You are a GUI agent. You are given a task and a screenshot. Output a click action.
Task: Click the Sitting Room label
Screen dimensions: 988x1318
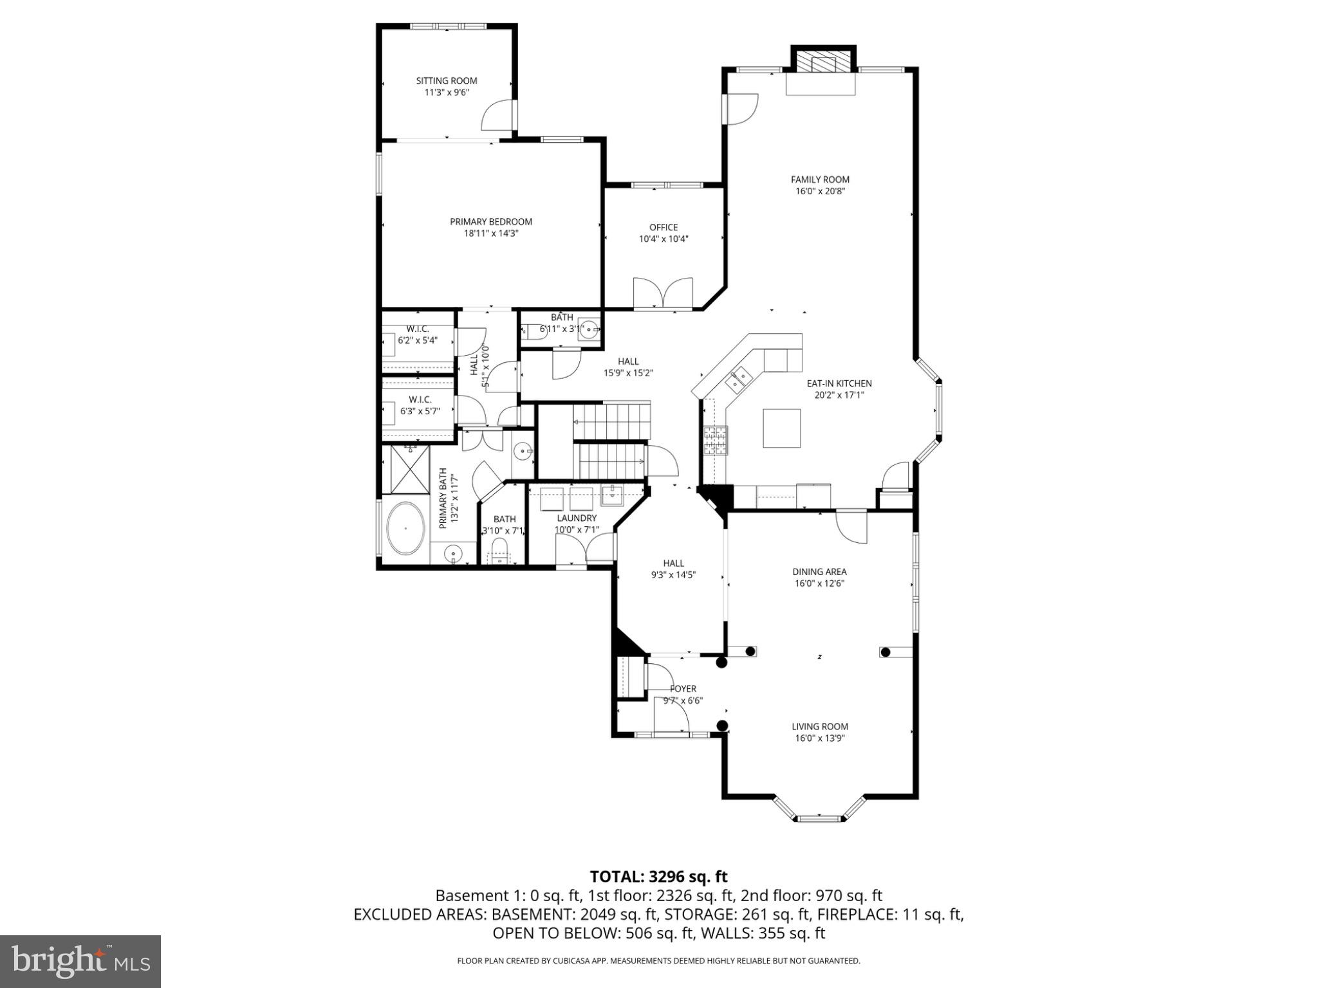(447, 81)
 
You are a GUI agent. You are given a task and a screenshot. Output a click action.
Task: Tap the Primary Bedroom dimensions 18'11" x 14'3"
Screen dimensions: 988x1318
(491, 233)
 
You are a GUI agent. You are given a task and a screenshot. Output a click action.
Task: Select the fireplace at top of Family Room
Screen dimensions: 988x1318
(823, 62)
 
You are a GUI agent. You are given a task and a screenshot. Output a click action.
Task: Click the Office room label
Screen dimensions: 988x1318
(664, 227)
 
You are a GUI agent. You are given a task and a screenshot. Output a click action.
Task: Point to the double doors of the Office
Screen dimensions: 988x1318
(663, 293)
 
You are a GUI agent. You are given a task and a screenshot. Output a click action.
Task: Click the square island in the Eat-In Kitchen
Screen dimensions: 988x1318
(782, 428)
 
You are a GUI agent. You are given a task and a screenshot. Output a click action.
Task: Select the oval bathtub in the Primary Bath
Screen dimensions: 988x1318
(405, 528)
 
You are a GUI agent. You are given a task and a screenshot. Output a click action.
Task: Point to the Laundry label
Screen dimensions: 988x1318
(577, 518)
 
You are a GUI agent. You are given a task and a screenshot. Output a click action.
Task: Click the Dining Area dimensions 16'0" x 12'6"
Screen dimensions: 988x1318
(819, 583)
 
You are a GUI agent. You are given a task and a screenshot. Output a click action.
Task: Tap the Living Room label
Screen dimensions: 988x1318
(819, 726)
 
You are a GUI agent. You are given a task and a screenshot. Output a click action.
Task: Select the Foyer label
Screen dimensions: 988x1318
(683, 689)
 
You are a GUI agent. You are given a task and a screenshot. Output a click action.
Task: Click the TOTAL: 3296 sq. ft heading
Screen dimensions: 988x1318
(658, 876)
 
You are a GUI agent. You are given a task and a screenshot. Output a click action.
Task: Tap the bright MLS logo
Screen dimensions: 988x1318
(80, 962)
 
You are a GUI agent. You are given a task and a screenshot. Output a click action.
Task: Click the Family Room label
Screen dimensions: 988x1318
(820, 179)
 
